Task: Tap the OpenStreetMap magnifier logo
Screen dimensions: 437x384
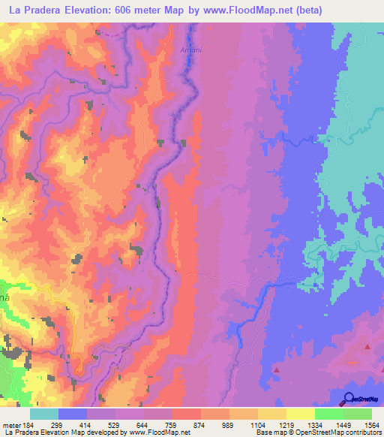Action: (349, 398)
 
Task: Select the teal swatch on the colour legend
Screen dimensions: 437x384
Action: (44, 414)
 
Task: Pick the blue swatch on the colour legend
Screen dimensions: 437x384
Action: (73, 414)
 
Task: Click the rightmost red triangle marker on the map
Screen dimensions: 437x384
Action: (367, 347)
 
